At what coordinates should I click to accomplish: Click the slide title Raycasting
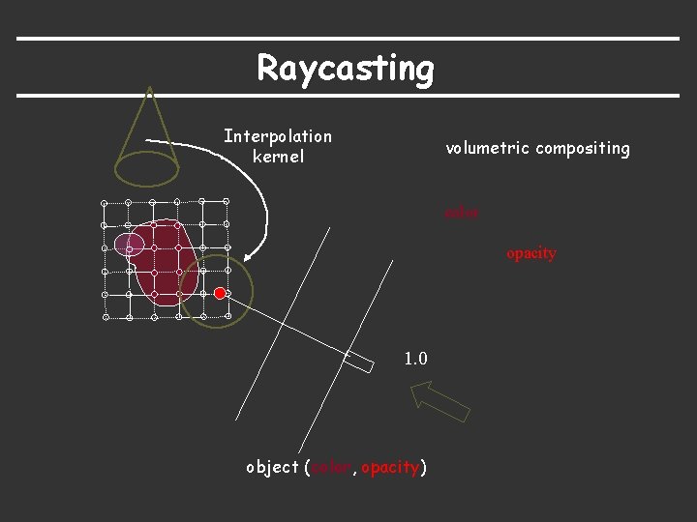click(346, 69)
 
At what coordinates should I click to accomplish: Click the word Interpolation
click(277, 136)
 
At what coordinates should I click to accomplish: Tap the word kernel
click(278, 156)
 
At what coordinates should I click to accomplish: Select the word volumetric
click(487, 148)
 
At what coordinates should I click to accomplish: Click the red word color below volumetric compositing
click(461, 212)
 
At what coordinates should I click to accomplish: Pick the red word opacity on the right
click(530, 253)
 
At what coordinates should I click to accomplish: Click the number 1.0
click(415, 359)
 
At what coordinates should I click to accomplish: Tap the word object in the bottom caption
click(272, 467)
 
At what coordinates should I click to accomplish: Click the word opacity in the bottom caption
click(390, 468)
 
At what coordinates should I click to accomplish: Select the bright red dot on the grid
click(221, 293)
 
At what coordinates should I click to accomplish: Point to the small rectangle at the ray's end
click(359, 361)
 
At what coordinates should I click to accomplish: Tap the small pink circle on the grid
click(129, 246)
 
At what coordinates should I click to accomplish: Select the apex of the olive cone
click(148, 89)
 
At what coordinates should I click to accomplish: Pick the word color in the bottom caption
click(332, 468)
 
